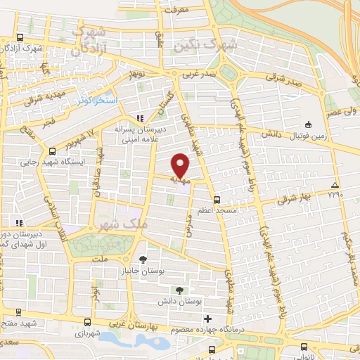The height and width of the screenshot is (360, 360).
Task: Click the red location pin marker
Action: (x=181, y=165)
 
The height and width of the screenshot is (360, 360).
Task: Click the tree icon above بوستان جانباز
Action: (x=144, y=257)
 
